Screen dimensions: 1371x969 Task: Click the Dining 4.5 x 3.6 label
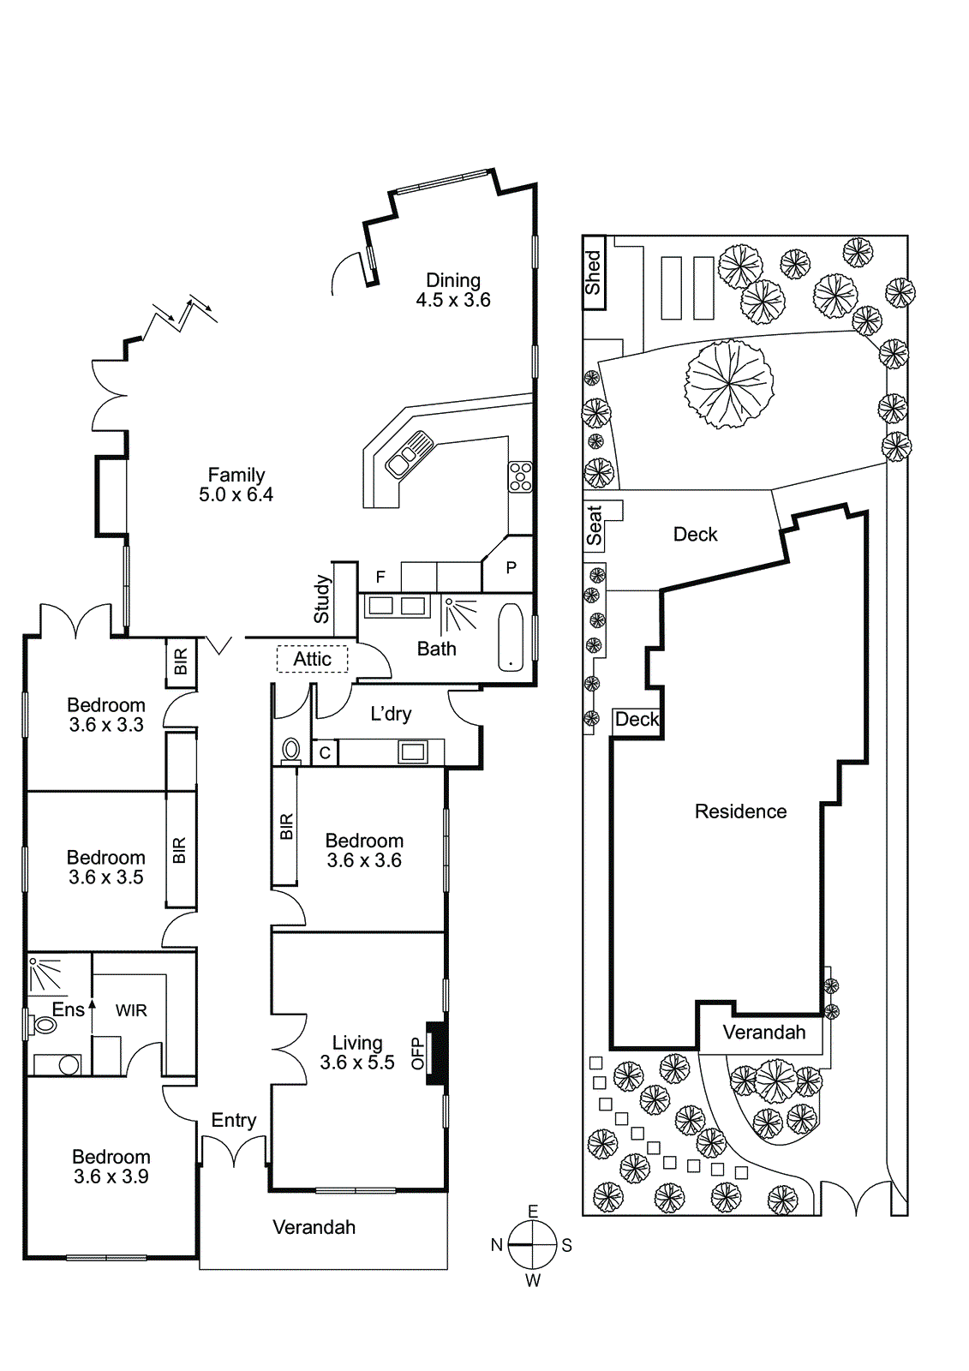[x=453, y=290]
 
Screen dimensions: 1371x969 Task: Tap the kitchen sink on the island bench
[x=410, y=453]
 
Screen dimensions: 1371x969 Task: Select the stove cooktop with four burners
[x=520, y=476]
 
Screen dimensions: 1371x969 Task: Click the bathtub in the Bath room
[x=511, y=638]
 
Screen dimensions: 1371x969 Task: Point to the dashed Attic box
[x=312, y=659]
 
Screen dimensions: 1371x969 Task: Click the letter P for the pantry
[x=511, y=567]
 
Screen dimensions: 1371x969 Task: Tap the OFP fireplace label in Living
[x=418, y=1053]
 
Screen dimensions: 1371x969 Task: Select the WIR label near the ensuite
[x=131, y=1011]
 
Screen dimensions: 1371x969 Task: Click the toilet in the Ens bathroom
[x=43, y=1024]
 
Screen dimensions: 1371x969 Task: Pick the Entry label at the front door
[x=234, y=1120]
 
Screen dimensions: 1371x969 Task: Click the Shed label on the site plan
[x=593, y=272]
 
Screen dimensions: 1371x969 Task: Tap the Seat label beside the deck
[x=594, y=525]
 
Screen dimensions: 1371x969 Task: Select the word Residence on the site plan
[x=740, y=811]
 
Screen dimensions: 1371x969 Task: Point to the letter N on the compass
[x=497, y=1245]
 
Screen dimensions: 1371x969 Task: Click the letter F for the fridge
[x=380, y=578]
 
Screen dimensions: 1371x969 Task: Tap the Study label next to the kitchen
[x=322, y=599]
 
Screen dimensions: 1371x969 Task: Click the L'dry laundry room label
[x=391, y=714]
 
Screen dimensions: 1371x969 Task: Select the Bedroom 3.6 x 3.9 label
[x=111, y=1166]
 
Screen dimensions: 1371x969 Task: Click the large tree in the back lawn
[x=729, y=383]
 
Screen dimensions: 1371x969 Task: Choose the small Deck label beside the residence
[x=637, y=719]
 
